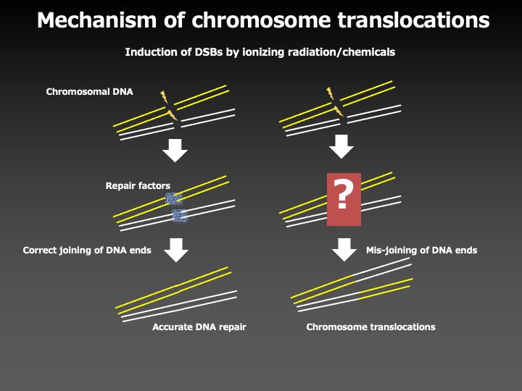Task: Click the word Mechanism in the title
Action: point(96,20)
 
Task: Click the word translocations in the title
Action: point(413,20)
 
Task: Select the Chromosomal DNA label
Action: point(90,92)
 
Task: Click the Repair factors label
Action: point(138,185)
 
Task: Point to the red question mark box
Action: point(344,199)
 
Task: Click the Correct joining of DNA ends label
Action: point(87,250)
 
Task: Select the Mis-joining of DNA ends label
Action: point(421,250)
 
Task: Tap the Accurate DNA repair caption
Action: point(199,327)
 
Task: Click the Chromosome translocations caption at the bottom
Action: point(370,327)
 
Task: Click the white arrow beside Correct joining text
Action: point(176,250)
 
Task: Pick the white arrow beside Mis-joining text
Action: point(344,249)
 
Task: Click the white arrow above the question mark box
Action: point(341,146)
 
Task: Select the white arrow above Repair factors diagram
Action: point(175,151)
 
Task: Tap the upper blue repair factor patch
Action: point(173,199)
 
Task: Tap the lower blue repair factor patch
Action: point(180,216)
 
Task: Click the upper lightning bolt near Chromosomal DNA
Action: point(164,97)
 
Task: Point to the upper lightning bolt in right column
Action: point(331,93)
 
